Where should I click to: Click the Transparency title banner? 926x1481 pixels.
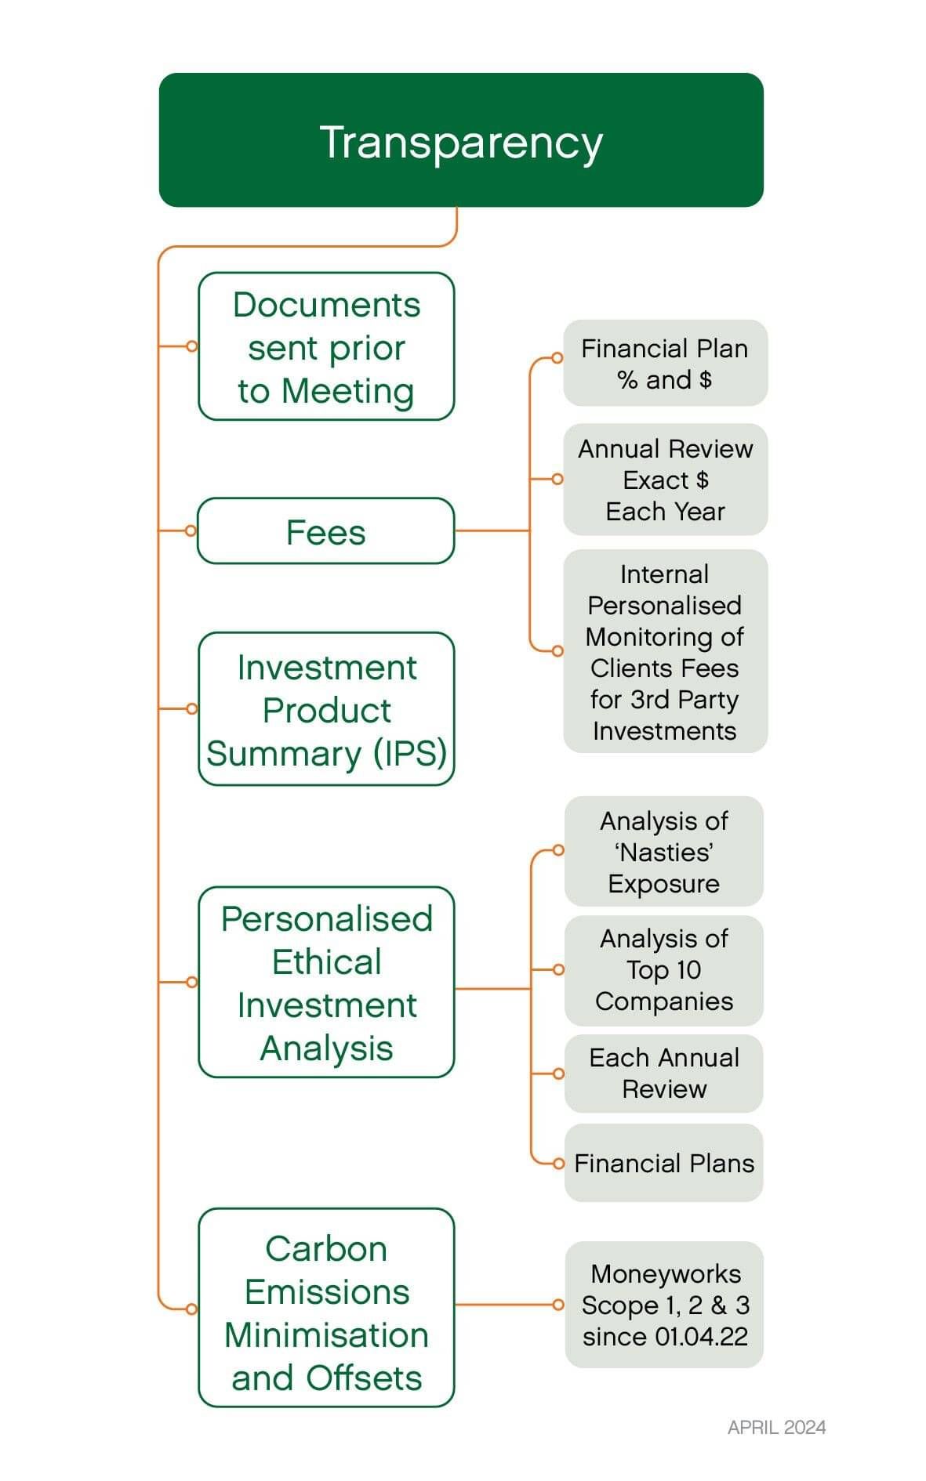pos(461,140)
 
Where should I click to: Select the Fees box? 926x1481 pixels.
pos(326,531)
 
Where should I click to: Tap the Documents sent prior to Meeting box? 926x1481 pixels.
pos(326,346)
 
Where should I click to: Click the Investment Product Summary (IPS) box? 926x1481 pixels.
pos(326,709)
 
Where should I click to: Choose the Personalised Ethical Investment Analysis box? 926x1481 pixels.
pos(326,982)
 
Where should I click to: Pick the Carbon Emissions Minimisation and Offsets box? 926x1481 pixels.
pos(326,1308)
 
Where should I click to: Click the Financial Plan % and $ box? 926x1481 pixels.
pos(665,363)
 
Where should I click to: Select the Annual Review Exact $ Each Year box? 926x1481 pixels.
pos(665,480)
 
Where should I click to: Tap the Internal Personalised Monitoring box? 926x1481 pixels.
pos(665,651)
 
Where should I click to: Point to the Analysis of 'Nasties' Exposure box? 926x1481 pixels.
pos(664,852)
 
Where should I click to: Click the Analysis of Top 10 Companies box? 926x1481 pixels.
pos(664,970)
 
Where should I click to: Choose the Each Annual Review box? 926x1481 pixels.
pos(664,1074)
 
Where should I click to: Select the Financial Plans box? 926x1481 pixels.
pos(664,1164)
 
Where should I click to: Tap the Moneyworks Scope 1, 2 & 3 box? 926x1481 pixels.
pos(664,1305)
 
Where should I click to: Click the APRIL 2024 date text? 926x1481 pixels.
pos(776,1427)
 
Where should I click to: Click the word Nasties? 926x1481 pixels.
pos(664,853)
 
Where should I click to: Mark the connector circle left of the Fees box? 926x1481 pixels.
pos(191,530)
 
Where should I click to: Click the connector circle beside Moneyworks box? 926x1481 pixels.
pos(558,1305)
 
